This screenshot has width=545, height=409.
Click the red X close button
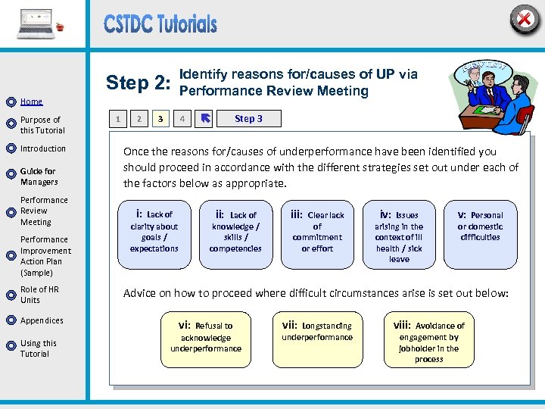(524, 18)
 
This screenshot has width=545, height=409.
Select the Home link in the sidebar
(31, 101)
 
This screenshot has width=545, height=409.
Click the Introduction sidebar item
(42, 148)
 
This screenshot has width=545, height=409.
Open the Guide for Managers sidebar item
(39, 176)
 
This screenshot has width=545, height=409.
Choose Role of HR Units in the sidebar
(39, 295)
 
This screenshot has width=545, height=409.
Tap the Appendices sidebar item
(42, 320)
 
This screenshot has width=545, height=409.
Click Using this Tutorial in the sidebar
(38, 348)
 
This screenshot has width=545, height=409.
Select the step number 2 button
(139, 118)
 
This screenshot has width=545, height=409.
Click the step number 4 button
(182, 118)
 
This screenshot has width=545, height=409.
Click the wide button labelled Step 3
(248, 118)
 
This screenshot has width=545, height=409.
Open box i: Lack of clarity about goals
(154, 233)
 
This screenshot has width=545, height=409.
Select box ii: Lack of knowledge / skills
(235, 233)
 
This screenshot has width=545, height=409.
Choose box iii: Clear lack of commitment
(316, 233)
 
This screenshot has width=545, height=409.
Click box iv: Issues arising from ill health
(399, 233)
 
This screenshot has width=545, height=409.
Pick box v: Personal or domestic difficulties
(480, 233)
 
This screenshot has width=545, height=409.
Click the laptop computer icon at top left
(36, 24)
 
